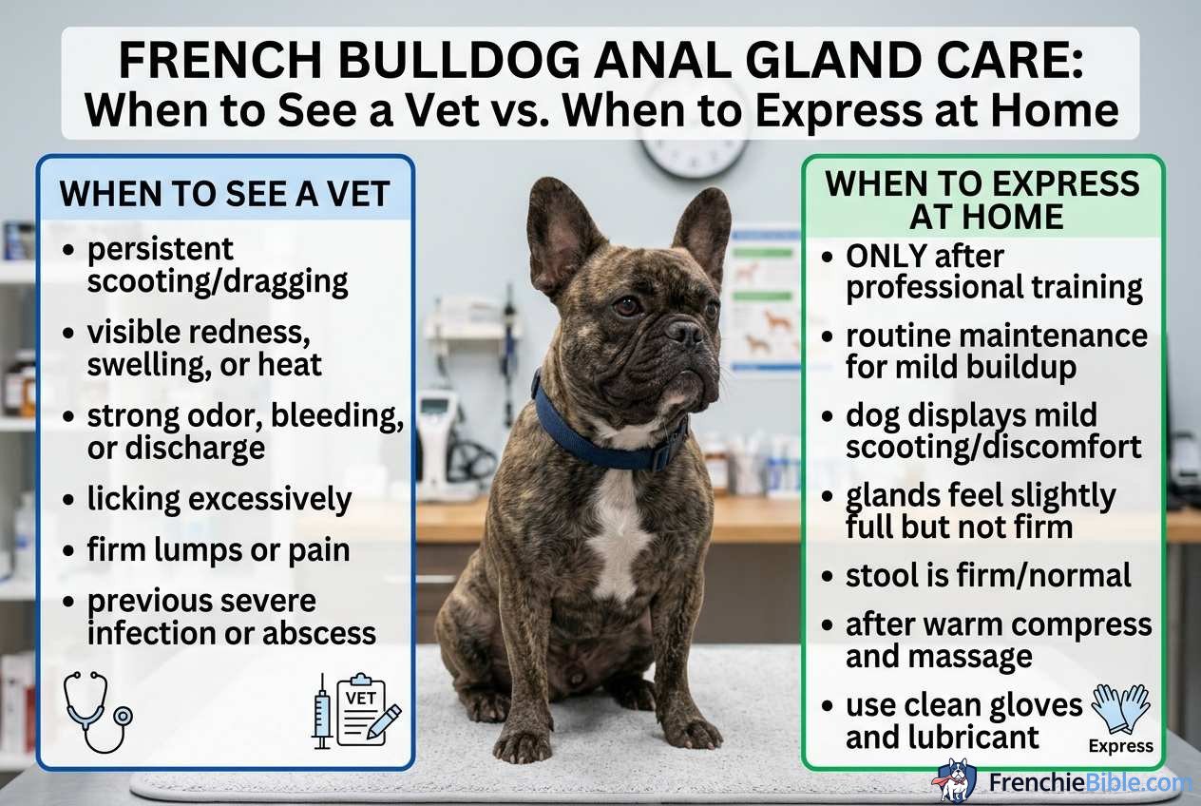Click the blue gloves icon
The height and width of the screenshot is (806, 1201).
coord(1121,708)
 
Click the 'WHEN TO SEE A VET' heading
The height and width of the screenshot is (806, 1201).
coord(224,194)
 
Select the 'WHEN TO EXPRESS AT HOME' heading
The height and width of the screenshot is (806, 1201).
coord(982,200)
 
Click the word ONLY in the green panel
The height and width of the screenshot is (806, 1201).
coord(886,256)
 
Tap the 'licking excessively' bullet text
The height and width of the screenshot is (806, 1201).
coord(219,499)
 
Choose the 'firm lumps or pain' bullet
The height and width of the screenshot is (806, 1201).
coord(218,549)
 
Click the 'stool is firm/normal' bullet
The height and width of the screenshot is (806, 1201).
coord(988,574)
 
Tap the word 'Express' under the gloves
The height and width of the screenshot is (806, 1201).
coord(1121,746)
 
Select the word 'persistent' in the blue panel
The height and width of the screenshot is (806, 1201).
coord(160,249)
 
